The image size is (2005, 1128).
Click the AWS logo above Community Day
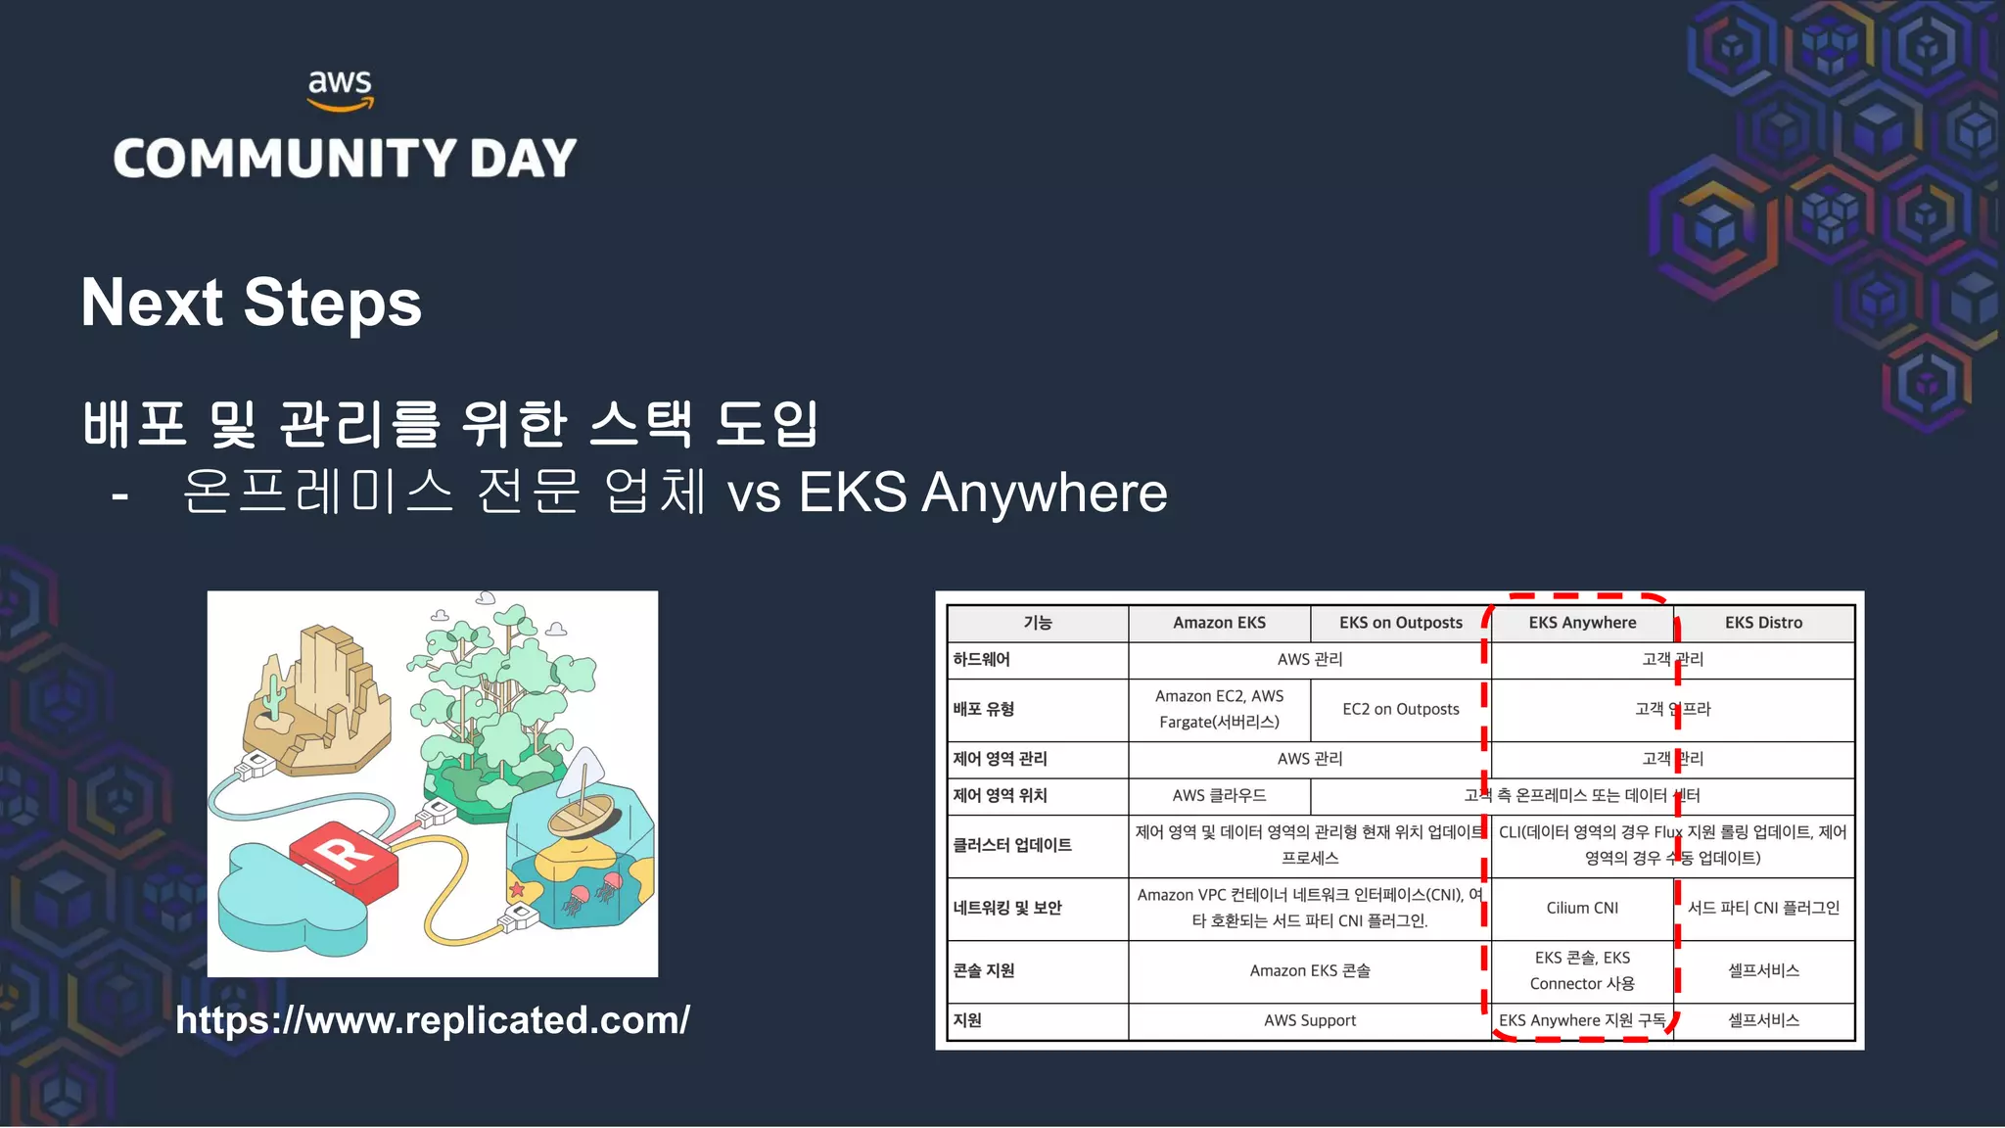click(x=340, y=89)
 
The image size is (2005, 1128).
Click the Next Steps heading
click(x=251, y=303)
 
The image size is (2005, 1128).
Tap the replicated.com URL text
click(x=433, y=1020)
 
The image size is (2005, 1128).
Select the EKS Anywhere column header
click(x=1582, y=623)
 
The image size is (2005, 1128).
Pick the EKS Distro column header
click(x=1763, y=623)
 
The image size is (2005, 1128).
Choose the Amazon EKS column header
click(x=1219, y=623)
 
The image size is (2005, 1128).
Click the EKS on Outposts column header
click(x=1400, y=623)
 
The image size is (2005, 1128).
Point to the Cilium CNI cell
click(x=1582, y=909)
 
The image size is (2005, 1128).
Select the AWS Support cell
click(x=1310, y=1020)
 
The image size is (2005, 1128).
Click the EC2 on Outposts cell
click(x=1400, y=709)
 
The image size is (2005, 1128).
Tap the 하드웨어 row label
click(x=981, y=660)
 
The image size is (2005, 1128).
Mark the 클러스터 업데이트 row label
click(x=1012, y=845)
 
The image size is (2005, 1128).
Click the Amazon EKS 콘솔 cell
click(x=1310, y=970)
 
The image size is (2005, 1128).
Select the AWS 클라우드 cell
click(x=1219, y=796)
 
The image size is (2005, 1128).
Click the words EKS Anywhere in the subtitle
click(x=983, y=493)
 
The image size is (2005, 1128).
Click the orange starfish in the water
click(x=516, y=890)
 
